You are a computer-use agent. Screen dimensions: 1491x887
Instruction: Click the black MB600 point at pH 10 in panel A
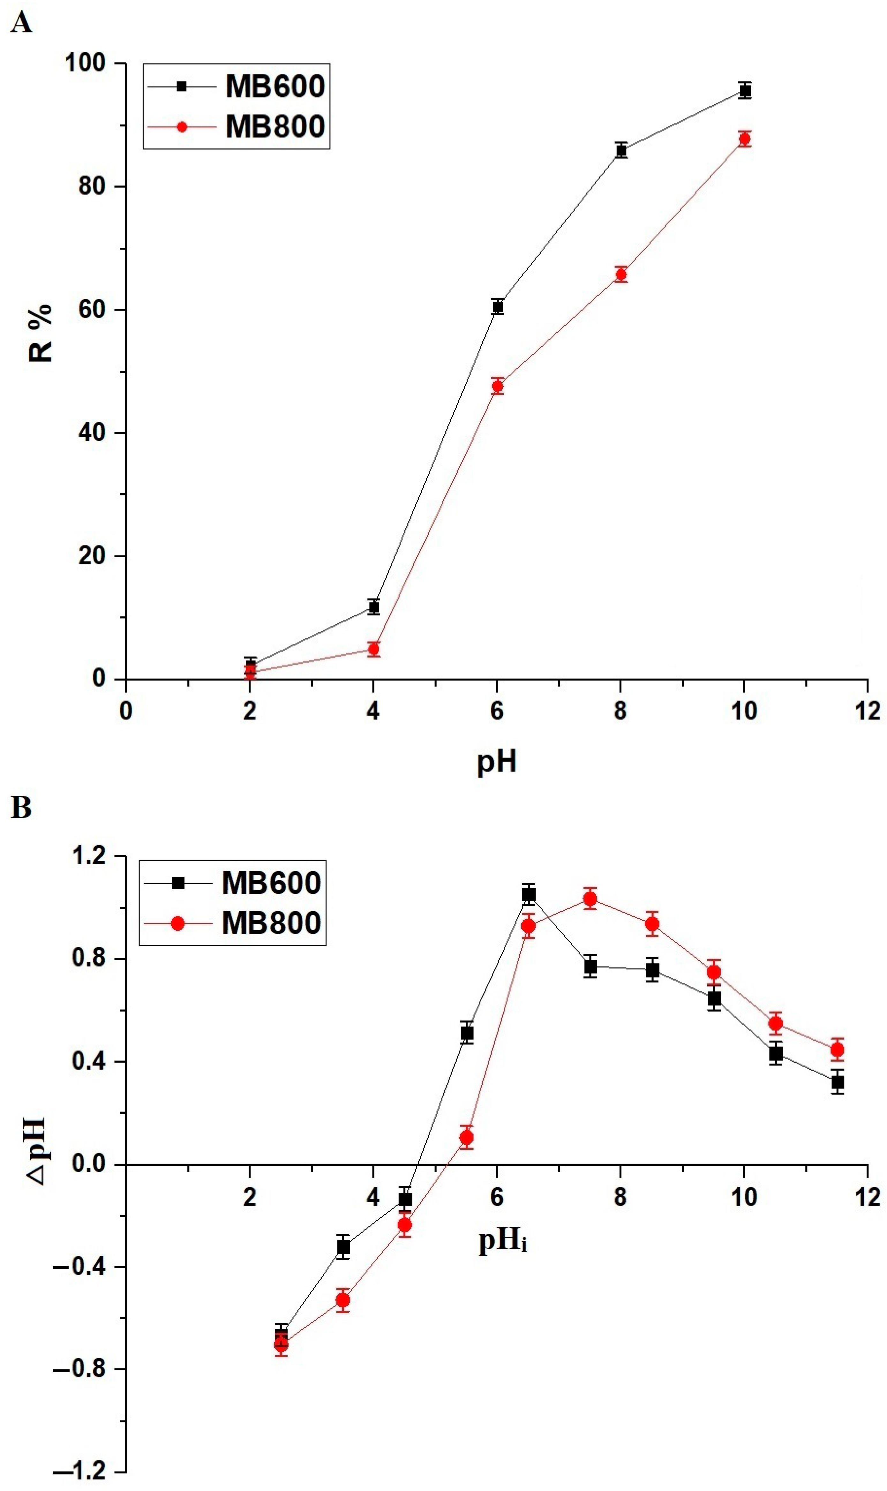pyautogui.click(x=745, y=91)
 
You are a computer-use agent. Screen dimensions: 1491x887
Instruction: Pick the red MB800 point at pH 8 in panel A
pyautogui.click(x=621, y=274)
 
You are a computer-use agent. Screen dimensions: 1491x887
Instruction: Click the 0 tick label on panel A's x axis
pyautogui.click(x=125, y=711)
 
